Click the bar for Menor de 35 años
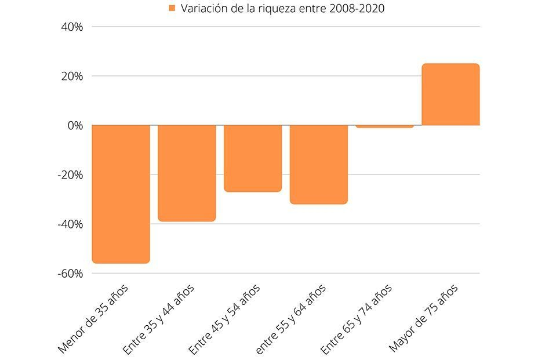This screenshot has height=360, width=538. click(121, 194)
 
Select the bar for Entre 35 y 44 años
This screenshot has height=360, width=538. click(187, 173)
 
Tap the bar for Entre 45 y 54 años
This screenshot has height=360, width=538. click(253, 158)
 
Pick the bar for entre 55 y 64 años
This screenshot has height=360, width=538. click(319, 164)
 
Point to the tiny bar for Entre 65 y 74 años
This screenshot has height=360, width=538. click(384, 126)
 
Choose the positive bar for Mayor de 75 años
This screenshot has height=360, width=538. click(450, 94)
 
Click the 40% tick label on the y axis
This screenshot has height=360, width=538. click(72, 27)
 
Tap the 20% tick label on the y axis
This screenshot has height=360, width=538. click(72, 76)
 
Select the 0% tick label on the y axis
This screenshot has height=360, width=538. click(75, 125)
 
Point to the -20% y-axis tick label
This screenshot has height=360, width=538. click(70, 174)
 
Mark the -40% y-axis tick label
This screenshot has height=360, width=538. click(70, 224)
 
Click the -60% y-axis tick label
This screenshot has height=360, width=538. click(70, 273)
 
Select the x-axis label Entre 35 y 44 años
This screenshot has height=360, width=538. click(159, 318)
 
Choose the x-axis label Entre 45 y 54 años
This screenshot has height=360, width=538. click(225, 318)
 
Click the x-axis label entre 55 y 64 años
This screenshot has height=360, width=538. click(291, 318)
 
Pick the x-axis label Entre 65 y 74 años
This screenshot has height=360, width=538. click(357, 318)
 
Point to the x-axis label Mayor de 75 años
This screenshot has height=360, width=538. click(424, 317)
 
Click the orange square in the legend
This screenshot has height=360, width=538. click(172, 8)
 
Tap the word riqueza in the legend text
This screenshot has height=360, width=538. click(268, 8)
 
